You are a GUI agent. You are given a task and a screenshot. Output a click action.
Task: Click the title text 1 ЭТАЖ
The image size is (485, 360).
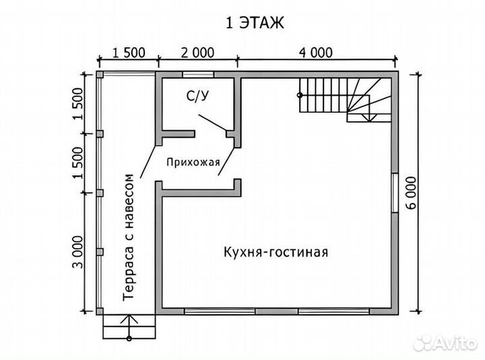(x=255, y=22)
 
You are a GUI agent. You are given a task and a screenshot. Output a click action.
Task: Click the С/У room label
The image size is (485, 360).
(x=197, y=97)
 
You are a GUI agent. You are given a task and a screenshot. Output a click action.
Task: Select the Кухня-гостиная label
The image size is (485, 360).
(x=276, y=252)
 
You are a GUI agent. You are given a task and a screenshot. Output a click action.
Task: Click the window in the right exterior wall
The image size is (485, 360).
(x=395, y=193)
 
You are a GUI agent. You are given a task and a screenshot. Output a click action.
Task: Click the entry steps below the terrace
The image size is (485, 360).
(x=129, y=328)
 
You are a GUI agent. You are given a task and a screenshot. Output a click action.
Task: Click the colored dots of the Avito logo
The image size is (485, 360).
(x=423, y=342)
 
